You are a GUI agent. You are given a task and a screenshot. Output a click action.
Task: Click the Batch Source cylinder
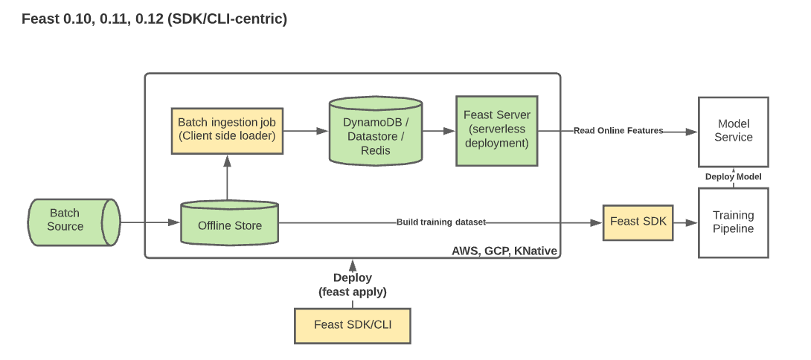click(74, 220)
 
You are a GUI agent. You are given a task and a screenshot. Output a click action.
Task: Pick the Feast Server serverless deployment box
click(496, 129)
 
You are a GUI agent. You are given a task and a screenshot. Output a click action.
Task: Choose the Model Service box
click(733, 131)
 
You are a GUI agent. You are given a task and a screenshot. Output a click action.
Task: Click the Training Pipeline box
click(733, 222)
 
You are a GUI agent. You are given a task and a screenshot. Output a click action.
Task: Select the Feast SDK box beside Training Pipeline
click(638, 222)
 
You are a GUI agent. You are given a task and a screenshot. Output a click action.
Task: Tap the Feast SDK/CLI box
click(353, 324)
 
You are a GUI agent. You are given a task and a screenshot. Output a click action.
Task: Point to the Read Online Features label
click(618, 131)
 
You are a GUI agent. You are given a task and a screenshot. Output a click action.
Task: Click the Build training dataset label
click(441, 222)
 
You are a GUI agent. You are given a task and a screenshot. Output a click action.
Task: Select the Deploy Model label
click(733, 176)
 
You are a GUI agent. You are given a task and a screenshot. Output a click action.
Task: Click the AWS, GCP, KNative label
click(504, 251)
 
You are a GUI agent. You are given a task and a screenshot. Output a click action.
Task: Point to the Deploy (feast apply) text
click(353, 285)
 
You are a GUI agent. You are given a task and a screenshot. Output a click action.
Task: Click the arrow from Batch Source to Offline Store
click(150, 222)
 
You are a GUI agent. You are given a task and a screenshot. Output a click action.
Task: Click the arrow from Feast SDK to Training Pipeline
click(685, 222)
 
